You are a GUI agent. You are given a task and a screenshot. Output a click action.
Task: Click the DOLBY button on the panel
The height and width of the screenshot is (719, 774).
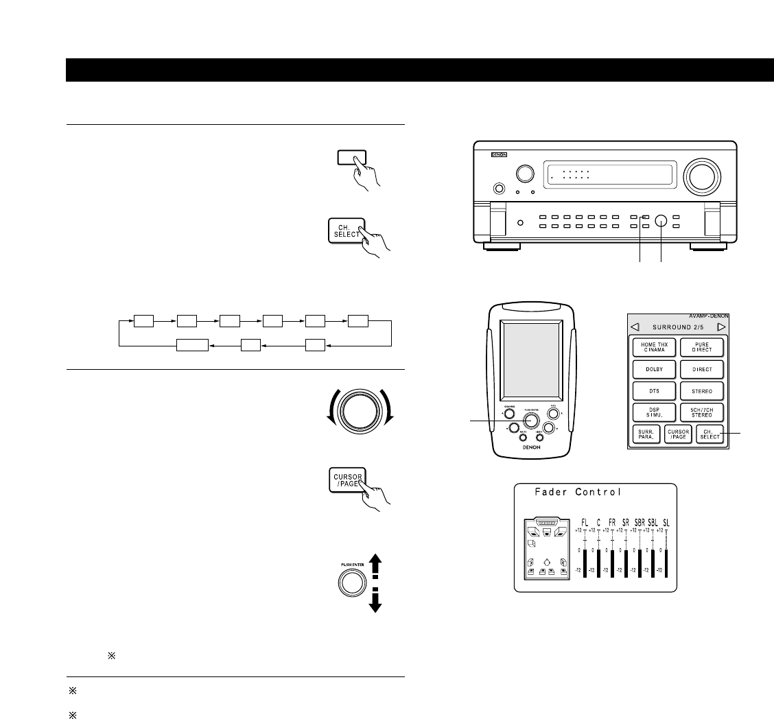(655, 368)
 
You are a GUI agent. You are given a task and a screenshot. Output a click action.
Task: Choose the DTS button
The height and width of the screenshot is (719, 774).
(655, 390)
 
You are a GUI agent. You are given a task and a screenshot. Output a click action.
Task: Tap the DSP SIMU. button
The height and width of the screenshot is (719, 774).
(655, 412)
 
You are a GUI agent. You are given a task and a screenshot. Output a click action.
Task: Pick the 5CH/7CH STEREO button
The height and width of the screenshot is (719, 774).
(703, 412)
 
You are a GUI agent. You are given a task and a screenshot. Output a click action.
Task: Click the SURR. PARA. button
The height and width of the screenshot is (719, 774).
(646, 434)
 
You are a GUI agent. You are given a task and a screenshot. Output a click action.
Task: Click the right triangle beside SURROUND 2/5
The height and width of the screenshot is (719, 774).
(721, 327)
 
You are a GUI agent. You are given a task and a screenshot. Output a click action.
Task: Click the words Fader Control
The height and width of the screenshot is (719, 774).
(578, 491)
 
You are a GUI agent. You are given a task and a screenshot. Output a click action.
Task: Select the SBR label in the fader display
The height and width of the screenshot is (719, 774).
(640, 522)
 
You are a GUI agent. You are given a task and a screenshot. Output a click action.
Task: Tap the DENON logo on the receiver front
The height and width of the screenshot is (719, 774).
(498, 156)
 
